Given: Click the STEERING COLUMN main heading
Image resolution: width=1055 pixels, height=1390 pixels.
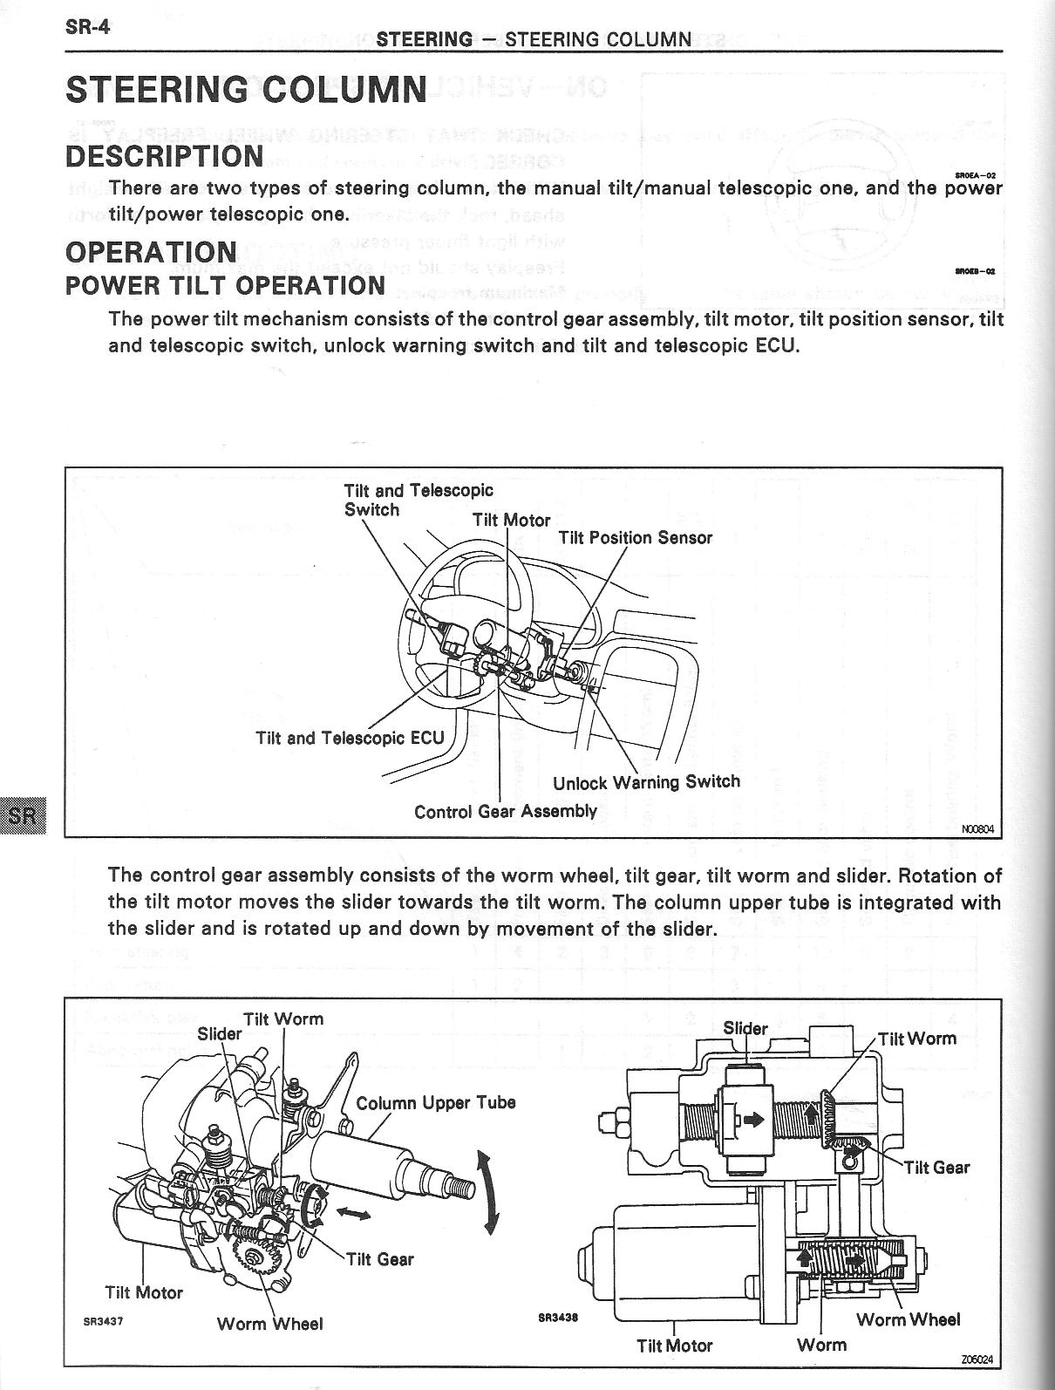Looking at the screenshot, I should click(246, 89).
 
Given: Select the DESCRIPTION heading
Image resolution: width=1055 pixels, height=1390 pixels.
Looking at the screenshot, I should click(164, 157).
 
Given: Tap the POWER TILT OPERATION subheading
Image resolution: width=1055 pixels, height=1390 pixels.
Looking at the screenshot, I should click(225, 285).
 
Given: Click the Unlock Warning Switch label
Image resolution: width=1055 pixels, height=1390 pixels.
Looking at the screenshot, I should click(646, 782).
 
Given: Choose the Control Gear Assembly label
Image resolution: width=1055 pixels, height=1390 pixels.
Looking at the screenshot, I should click(505, 812).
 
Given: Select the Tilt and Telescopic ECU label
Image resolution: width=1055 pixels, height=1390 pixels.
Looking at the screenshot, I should click(350, 738).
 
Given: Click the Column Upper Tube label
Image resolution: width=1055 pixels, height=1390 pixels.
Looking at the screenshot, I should click(436, 1102).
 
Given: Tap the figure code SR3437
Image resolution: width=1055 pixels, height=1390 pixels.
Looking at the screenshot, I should click(103, 1321).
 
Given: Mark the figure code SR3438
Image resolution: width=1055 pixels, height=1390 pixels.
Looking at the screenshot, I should click(557, 1318).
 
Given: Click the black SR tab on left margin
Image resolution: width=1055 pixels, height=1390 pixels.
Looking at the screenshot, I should click(21, 816).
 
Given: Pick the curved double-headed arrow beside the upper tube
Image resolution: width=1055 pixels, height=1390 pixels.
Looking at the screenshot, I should click(486, 1190).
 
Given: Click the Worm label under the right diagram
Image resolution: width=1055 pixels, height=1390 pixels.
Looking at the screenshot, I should click(821, 1345).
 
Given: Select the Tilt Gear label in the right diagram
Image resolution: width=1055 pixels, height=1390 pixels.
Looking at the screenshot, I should click(936, 1168).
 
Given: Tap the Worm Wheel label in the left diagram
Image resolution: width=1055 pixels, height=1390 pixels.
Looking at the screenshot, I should click(269, 1324).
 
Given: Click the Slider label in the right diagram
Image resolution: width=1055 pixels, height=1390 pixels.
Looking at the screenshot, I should click(745, 1029).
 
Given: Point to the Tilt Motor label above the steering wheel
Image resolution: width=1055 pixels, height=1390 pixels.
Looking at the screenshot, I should click(511, 521).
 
